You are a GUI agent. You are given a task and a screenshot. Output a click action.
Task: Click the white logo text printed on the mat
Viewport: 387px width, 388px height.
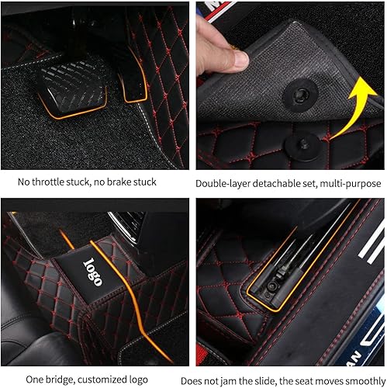pyautogui.click(x=95, y=272)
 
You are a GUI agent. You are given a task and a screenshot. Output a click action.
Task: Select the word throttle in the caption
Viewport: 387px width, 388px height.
pyautogui.click(x=57, y=182)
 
